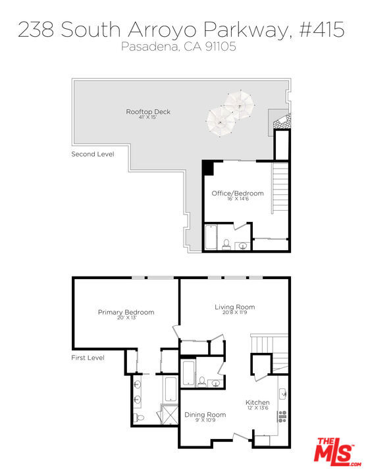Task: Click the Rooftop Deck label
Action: (x=148, y=112)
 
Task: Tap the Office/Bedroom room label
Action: (x=237, y=194)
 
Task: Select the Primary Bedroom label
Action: (x=126, y=312)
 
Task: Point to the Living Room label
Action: (x=234, y=307)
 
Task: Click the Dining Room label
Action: (x=205, y=415)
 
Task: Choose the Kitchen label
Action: (x=257, y=402)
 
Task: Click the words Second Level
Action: (x=93, y=154)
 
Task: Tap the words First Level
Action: (x=88, y=358)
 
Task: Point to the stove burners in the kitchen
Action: (x=284, y=416)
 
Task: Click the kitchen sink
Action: (x=284, y=394)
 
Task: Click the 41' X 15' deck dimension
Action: (x=148, y=119)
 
